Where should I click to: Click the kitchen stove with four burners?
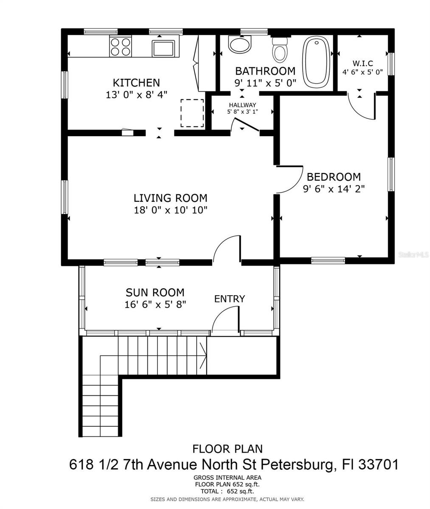click(x=121, y=47)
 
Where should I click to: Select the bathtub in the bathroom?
click(x=316, y=62)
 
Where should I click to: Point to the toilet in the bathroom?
click(x=280, y=50)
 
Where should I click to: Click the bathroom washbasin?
click(x=240, y=44)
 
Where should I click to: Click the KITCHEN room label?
click(x=136, y=83)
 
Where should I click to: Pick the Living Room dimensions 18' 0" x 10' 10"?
click(x=170, y=210)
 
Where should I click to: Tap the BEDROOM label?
click(x=334, y=177)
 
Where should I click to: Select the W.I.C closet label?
click(x=362, y=63)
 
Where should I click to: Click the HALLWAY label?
click(x=242, y=105)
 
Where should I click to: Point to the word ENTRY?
click(x=230, y=299)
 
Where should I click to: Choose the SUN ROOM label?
click(x=155, y=292)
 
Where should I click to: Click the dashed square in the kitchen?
click(x=192, y=113)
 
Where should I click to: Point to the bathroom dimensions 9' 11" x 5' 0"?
click(x=265, y=83)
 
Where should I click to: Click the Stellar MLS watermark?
click(x=414, y=255)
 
